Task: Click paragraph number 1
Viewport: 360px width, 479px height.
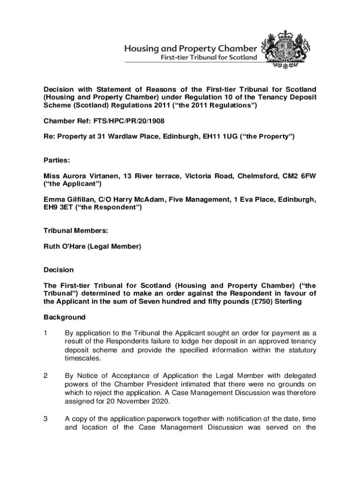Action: [x=46, y=333]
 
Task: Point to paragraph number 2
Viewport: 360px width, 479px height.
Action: [x=46, y=376]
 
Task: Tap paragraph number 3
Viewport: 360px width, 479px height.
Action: [x=46, y=419]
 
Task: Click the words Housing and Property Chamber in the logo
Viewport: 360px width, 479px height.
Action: [x=190, y=49]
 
